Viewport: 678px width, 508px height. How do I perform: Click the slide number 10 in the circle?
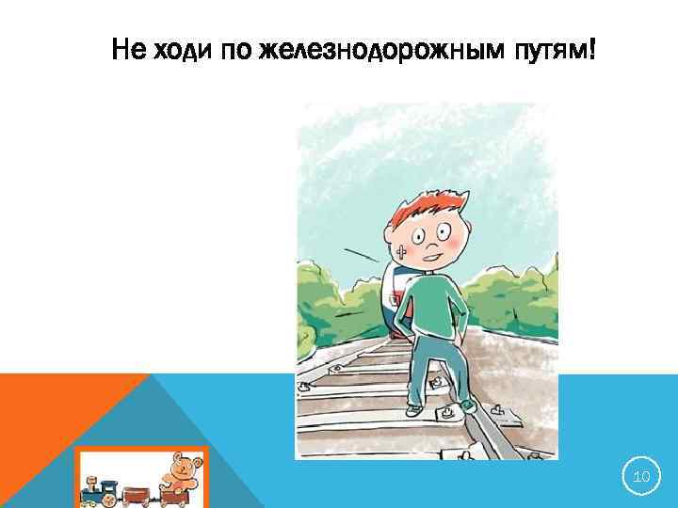point(641,477)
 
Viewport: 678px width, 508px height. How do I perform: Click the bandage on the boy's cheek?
point(402,251)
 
